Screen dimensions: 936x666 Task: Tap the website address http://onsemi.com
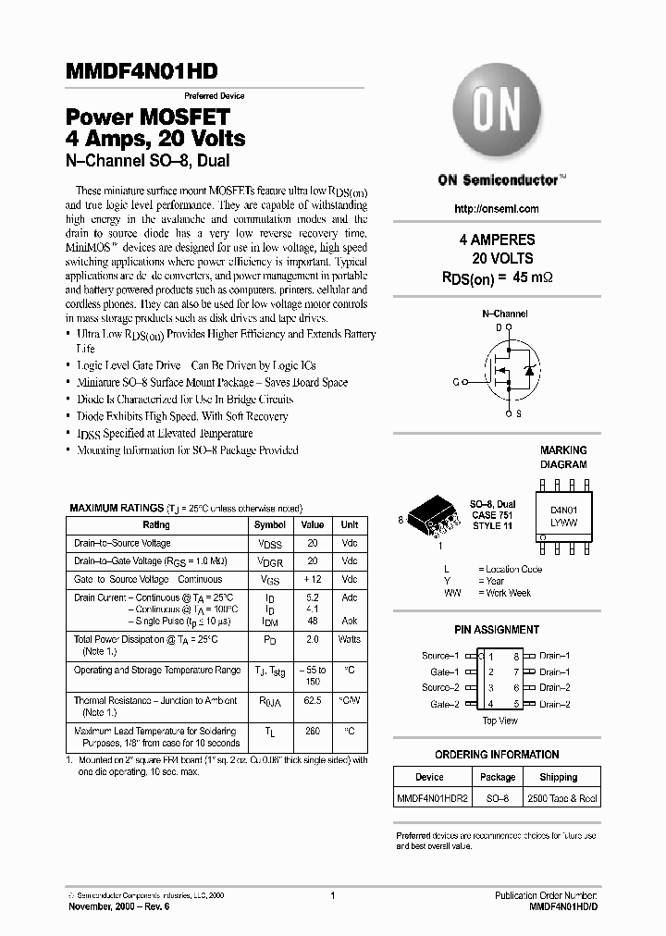pos(497,209)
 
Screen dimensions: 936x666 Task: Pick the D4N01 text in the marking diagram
pos(563,510)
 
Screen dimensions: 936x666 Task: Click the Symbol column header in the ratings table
pos(270,524)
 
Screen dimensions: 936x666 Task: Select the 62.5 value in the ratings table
pos(313,701)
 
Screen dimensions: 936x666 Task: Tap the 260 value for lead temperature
pos(313,732)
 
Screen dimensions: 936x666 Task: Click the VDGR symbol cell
pos(270,561)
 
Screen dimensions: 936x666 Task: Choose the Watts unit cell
pos(350,639)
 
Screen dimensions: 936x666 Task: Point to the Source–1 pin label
pos(440,656)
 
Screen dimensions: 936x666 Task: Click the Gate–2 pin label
pos(444,705)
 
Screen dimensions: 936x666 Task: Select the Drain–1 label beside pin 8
pos(555,656)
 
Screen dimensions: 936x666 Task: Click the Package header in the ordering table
pos(498,778)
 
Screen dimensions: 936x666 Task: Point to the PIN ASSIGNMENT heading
pos(497,630)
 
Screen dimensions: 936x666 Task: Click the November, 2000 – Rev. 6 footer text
pos(119,907)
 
